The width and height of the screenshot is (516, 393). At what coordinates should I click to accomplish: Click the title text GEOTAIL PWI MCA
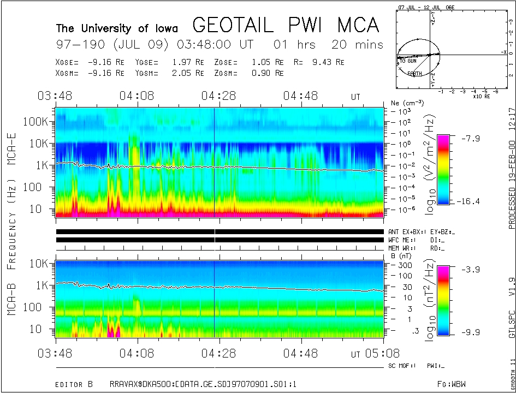[x=286, y=25]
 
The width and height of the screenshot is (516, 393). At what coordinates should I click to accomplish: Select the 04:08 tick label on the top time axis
[x=137, y=96]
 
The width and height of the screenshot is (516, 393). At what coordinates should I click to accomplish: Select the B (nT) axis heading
[x=402, y=255]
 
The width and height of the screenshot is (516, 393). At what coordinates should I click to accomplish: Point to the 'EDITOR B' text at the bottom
[x=76, y=370]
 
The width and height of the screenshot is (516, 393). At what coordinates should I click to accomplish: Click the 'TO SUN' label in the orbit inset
[x=408, y=61]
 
